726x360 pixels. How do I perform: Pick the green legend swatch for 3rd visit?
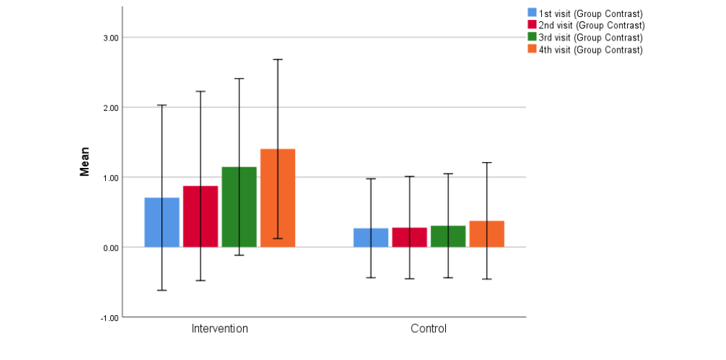532,37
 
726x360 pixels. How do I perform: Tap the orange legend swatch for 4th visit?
532,49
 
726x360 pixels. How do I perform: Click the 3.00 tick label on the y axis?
110,38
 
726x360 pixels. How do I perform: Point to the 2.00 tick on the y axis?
110,107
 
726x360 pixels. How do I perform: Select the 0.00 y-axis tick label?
110,248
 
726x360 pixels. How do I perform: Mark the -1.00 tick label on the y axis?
109,317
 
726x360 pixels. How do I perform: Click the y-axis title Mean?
85,162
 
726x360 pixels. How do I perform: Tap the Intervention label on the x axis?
220,329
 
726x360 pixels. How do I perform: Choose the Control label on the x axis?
429,329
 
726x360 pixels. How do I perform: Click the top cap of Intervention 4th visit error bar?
278,59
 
